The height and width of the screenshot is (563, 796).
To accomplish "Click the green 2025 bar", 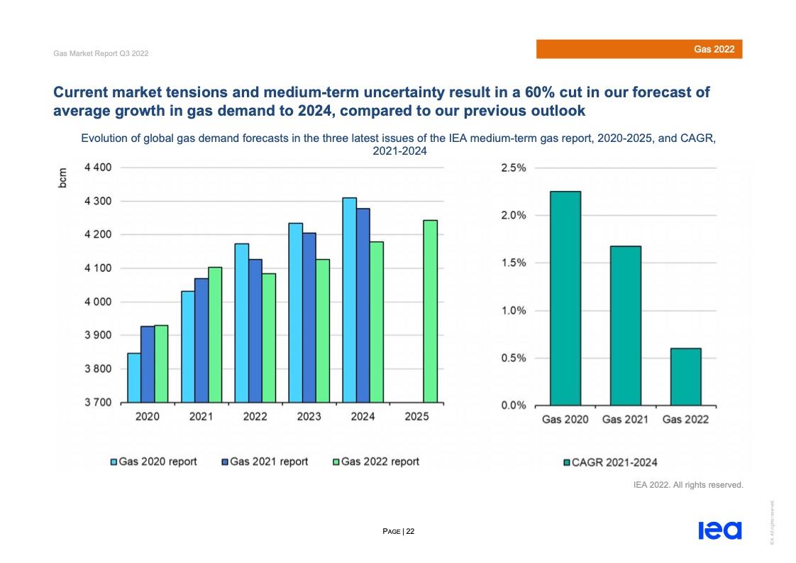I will (430, 311).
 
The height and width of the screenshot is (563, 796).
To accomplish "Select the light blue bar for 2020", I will (133, 377).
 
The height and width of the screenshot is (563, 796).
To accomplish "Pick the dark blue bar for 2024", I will (363, 305).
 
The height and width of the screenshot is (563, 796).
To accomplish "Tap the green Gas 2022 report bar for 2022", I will (268, 337).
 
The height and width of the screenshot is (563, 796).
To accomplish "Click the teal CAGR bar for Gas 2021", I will (625, 325).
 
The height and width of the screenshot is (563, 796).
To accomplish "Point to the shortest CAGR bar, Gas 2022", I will (685, 376).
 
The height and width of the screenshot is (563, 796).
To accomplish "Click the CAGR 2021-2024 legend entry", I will (609, 462).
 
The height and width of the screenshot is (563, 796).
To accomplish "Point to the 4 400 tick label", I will (98, 168).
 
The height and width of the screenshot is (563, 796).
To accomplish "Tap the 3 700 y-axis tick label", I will (98, 403).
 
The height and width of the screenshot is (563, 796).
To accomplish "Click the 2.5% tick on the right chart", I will (513, 168).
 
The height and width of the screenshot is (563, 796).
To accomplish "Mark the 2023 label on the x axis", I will (309, 417).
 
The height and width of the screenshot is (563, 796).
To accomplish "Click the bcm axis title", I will (63, 178).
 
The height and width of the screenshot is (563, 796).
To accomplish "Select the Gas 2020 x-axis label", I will (565, 420).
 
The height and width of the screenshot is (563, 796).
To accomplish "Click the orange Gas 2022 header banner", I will (639, 49).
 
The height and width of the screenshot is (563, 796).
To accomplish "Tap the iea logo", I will (719, 530).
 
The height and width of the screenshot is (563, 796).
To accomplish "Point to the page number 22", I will (410, 530).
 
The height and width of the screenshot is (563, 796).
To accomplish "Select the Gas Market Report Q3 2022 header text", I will (101, 54).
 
